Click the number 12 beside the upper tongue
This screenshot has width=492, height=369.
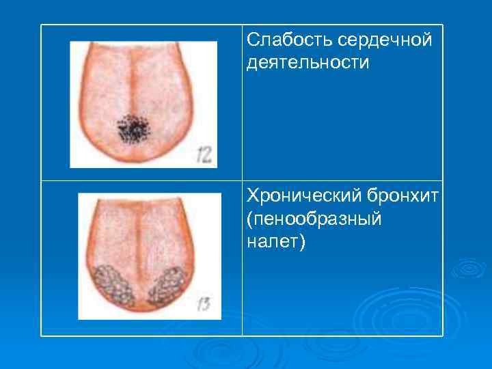(204, 153)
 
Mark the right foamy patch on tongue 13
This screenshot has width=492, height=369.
(167, 286)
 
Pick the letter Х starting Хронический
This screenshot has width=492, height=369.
(253, 197)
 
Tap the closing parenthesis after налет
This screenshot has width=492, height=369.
(299, 243)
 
